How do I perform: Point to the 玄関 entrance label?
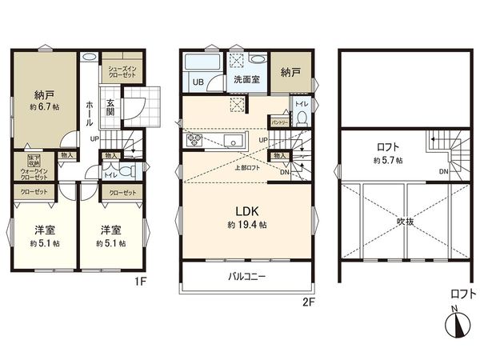[x=110, y=107]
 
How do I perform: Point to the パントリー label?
[x=278, y=122]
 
